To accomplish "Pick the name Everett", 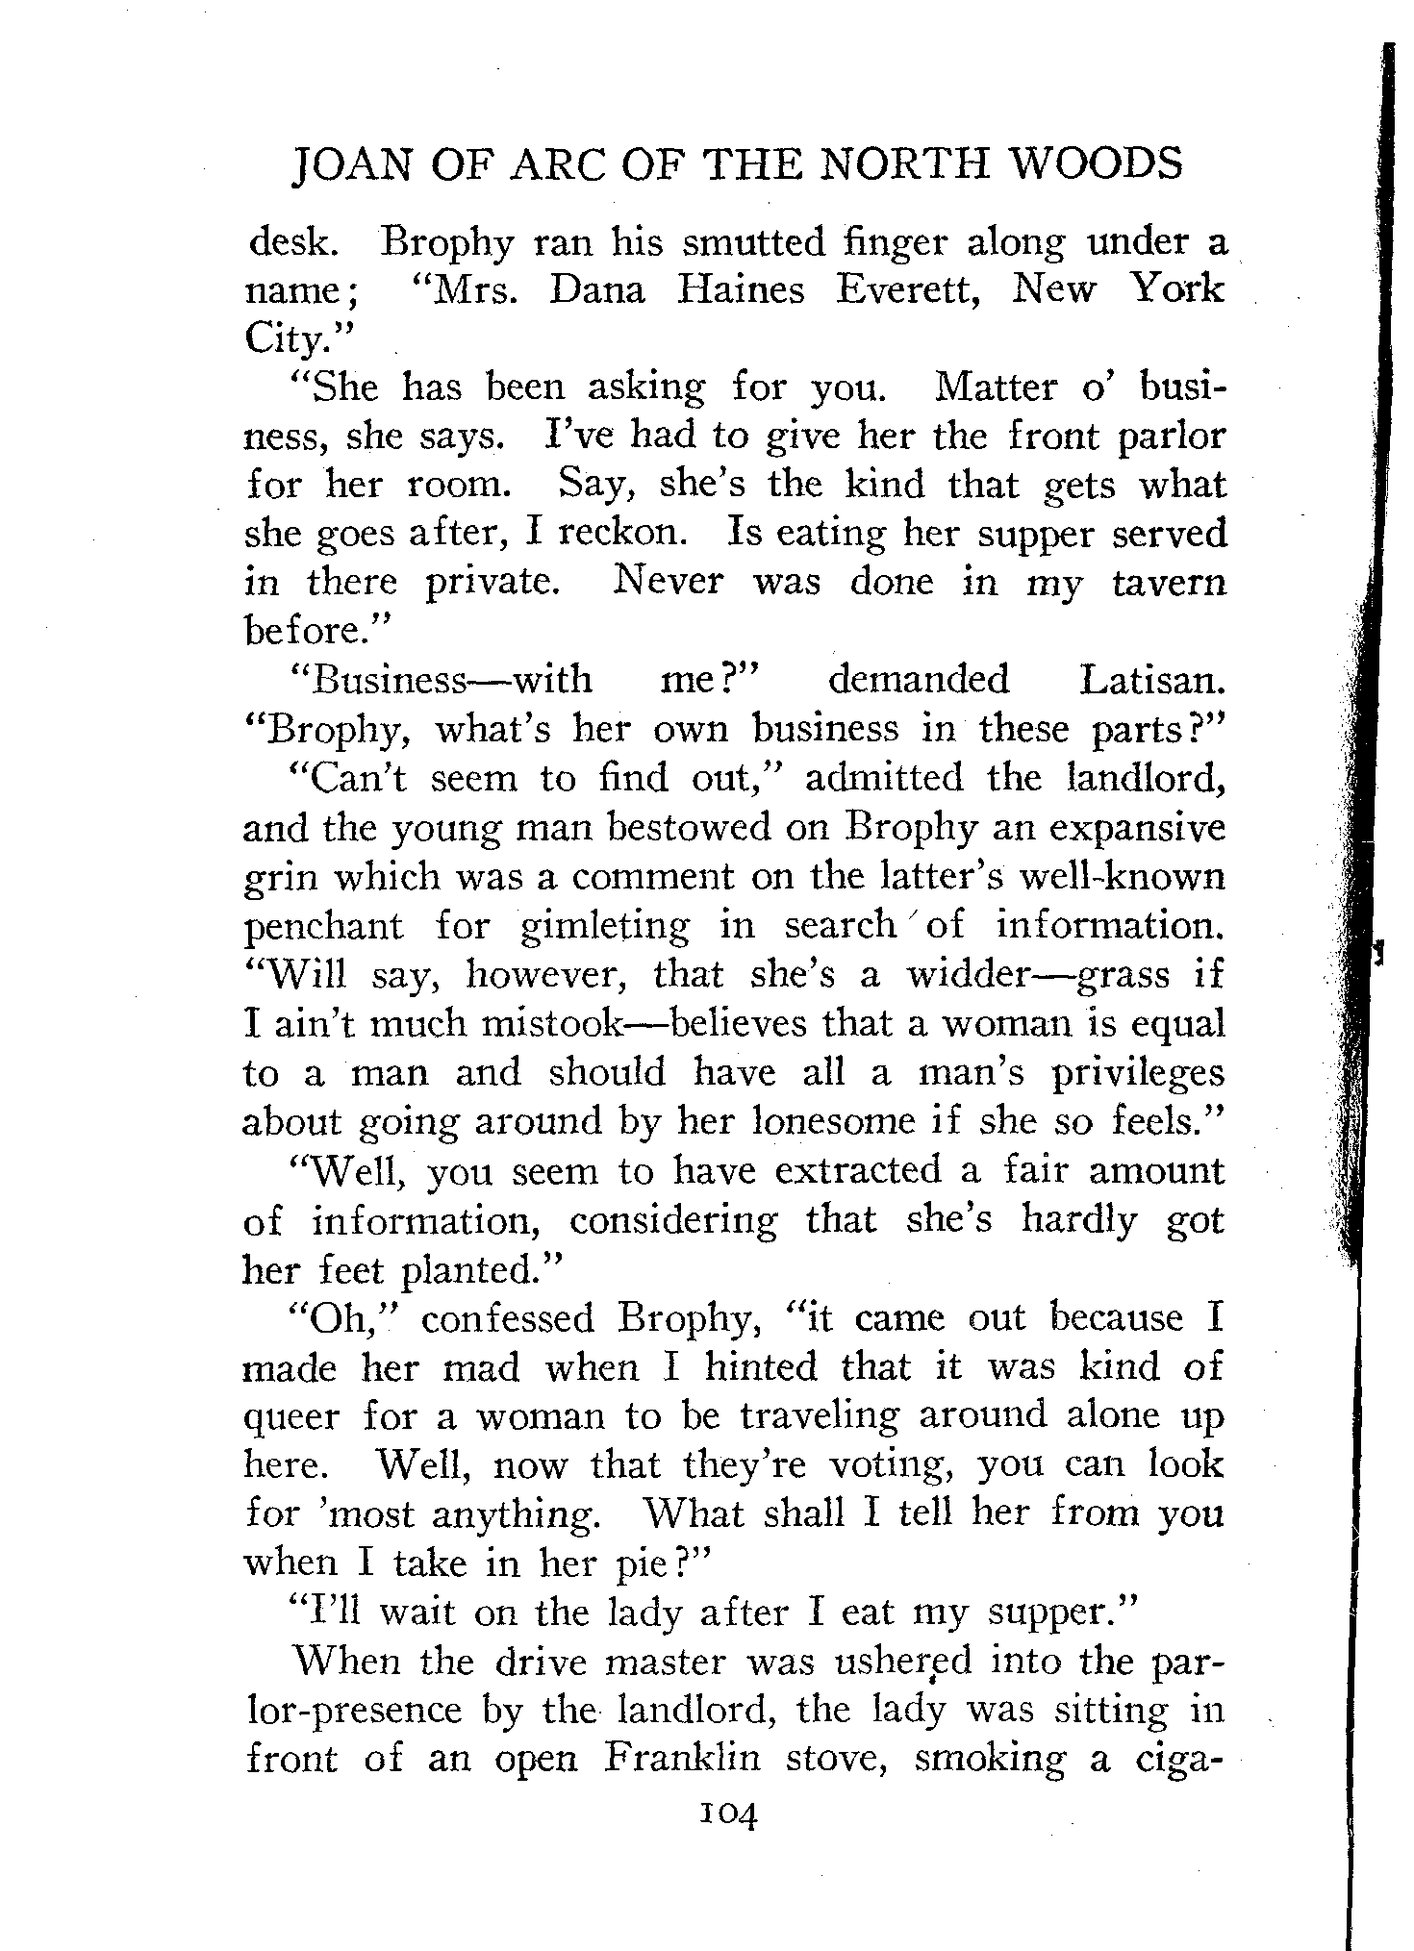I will click(x=906, y=290).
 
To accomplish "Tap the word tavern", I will click(x=1169, y=583).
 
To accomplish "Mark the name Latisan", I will click(x=1152, y=681).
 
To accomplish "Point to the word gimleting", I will click(x=604, y=928).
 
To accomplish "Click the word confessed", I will click(x=508, y=1318).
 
